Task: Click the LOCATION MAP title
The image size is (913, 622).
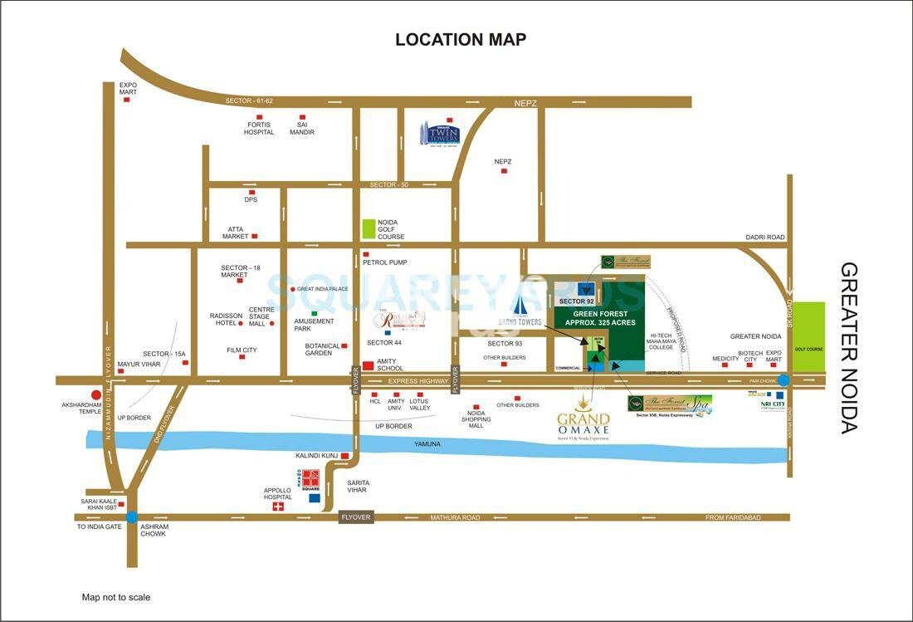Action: pos(460,39)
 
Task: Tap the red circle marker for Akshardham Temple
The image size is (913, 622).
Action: pos(96,395)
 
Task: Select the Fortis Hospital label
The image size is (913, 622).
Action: pos(259,129)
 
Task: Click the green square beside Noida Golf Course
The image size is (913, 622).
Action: pos(369,229)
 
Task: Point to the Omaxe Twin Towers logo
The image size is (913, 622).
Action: pos(439,133)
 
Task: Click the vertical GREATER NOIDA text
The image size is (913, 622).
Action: pos(848,348)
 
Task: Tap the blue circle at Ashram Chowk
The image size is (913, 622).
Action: pos(131,517)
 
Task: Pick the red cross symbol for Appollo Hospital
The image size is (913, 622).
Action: pos(278,507)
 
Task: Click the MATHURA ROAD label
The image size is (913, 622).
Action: pos(454,517)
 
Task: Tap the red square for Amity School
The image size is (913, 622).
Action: pos(368,365)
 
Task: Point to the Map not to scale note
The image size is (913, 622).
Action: pos(116,597)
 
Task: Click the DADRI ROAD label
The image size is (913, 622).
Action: pos(764,238)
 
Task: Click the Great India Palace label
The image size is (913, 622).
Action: pos(322,289)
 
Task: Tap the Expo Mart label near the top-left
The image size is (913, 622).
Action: pos(128,88)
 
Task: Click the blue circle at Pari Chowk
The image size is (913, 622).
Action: pos(784,380)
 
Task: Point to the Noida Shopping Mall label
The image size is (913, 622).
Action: pos(476,419)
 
